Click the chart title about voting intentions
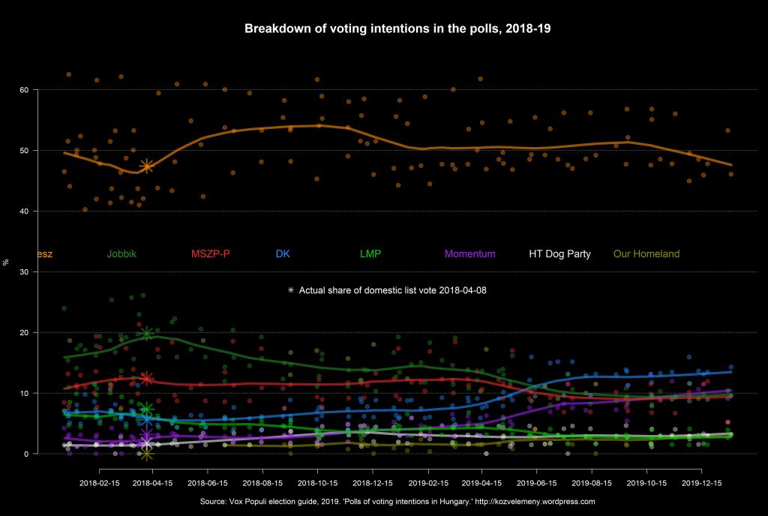pyautogui.click(x=398, y=28)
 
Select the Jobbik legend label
pyautogui.click(x=121, y=253)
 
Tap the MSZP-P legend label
pyautogui.click(x=211, y=253)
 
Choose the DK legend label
pyautogui.click(x=283, y=253)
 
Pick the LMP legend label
pyautogui.click(x=370, y=253)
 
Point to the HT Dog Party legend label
pyautogui.click(x=559, y=253)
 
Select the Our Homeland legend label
pyautogui.click(x=646, y=253)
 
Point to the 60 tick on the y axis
pyautogui.click(x=24, y=90)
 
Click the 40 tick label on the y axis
pyautogui.click(x=24, y=211)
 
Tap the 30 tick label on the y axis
pyautogui.click(x=24, y=271)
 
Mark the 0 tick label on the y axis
pyautogui.click(x=26, y=454)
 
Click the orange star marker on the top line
pyautogui.click(x=147, y=166)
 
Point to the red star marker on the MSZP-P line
pyautogui.click(x=147, y=379)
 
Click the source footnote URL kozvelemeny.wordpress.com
pyautogui.click(x=535, y=501)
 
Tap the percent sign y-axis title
pyautogui.click(x=7, y=262)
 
